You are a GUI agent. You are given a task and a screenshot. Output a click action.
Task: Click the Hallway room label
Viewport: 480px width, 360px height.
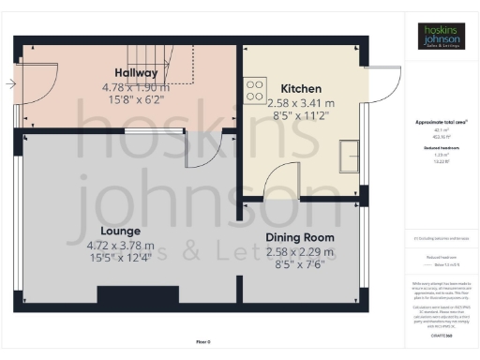coord(136,72)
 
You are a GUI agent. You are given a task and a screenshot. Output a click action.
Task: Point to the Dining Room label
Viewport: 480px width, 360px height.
coord(299,237)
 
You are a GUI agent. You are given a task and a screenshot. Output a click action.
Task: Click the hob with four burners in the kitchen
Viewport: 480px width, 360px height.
coord(255,89)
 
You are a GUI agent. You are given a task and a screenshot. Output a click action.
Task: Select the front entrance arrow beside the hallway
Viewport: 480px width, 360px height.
coord(9,84)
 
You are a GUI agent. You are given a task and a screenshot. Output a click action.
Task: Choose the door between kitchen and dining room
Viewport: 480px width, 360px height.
coord(281,183)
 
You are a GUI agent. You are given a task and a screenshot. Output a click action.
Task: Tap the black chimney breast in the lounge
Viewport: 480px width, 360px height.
coord(137,294)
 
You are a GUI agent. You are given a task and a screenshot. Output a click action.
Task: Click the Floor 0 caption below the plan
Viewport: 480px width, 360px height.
coord(202,342)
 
